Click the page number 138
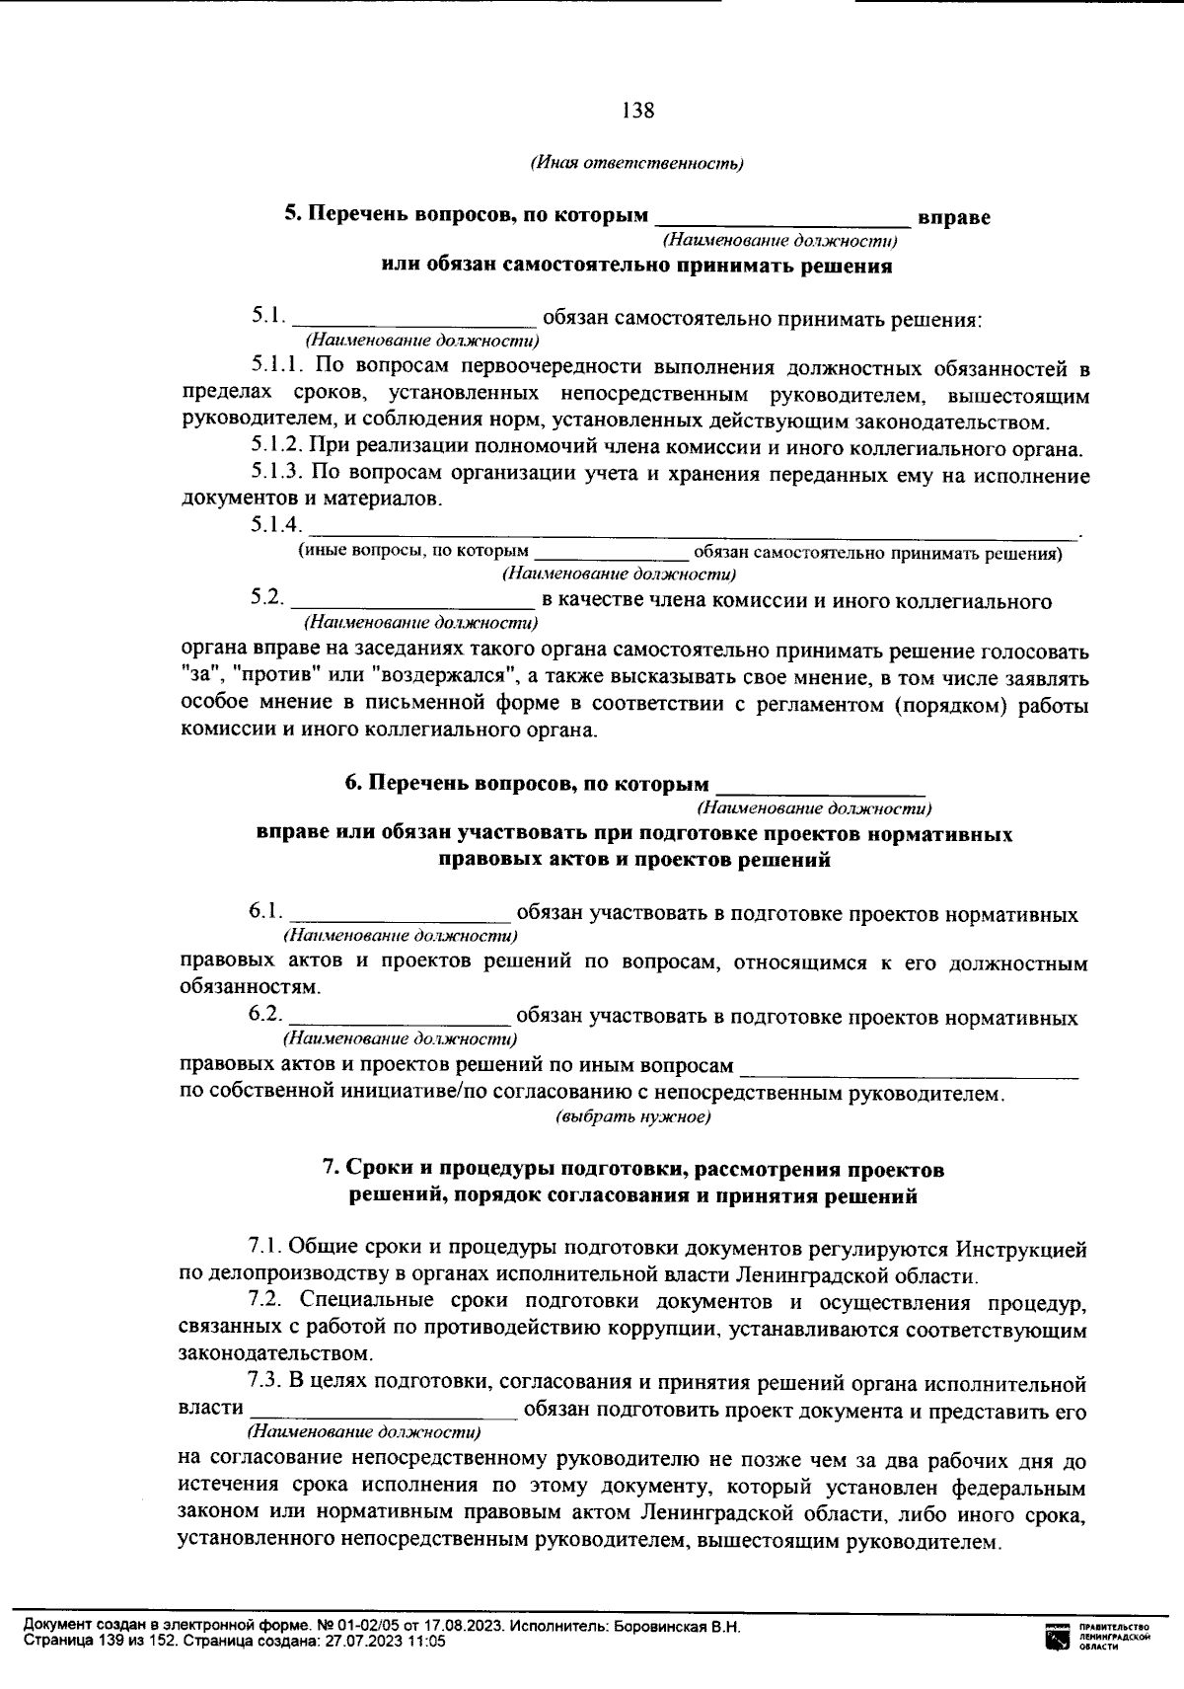[637, 111]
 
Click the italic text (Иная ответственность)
[637, 163]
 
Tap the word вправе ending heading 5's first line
[954, 216]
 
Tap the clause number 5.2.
[266, 599]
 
